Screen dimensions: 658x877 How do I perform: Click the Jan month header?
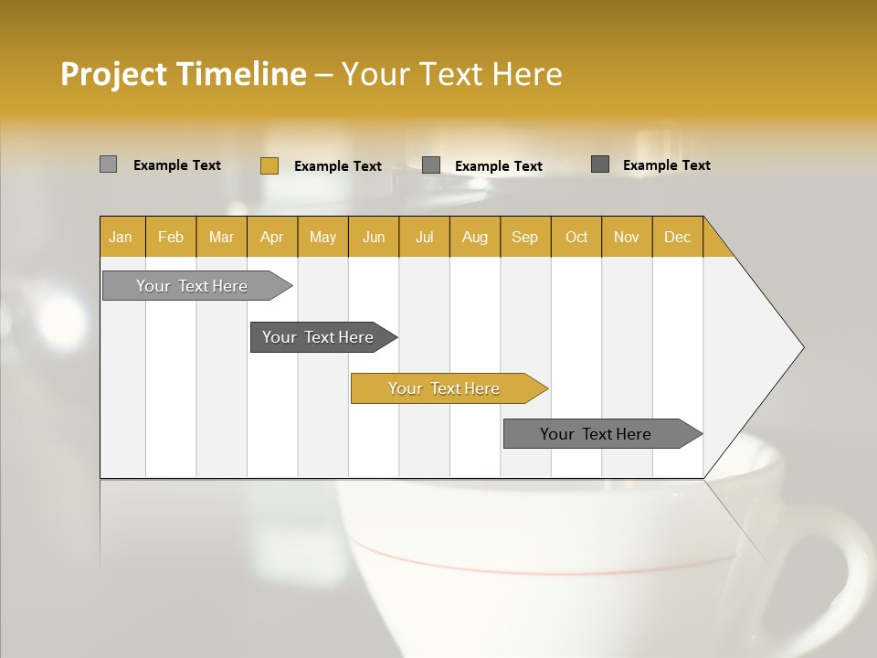121,237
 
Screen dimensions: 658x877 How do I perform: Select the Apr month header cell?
271,237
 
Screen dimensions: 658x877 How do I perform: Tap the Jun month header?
374,237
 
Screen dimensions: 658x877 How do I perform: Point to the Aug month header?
474,237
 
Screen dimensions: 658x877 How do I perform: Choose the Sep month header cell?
524,237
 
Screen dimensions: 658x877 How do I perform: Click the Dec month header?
677,237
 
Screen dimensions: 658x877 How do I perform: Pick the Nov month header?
626,237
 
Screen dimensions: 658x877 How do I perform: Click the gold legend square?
269,165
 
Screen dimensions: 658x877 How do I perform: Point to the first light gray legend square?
108,164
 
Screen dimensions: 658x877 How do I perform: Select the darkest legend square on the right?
599,164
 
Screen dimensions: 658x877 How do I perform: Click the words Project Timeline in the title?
183,74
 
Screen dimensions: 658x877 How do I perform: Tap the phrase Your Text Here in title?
451,74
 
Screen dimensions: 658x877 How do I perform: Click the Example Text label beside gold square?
337,166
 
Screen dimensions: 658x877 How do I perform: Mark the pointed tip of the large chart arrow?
801,347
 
